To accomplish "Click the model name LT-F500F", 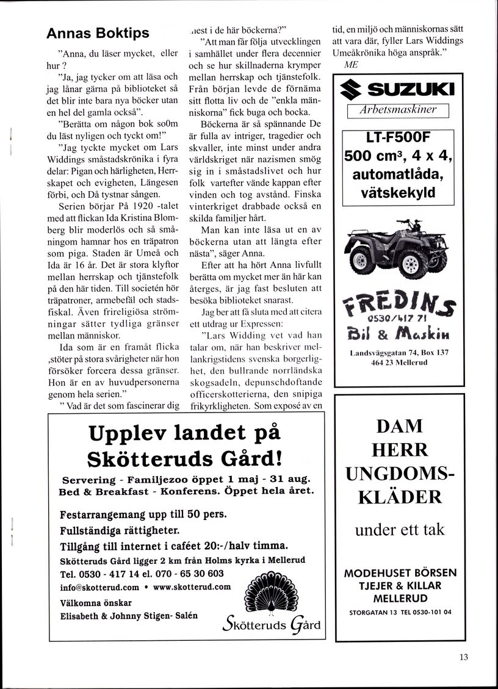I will pyautogui.click(x=397, y=139).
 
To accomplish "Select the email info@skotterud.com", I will pyautogui.click(x=100, y=588).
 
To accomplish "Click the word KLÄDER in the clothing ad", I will pyautogui.click(x=400, y=497).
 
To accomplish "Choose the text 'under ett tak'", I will pyautogui.click(x=400, y=529).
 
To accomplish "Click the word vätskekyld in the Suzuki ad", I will pyautogui.click(x=397, y=193).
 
